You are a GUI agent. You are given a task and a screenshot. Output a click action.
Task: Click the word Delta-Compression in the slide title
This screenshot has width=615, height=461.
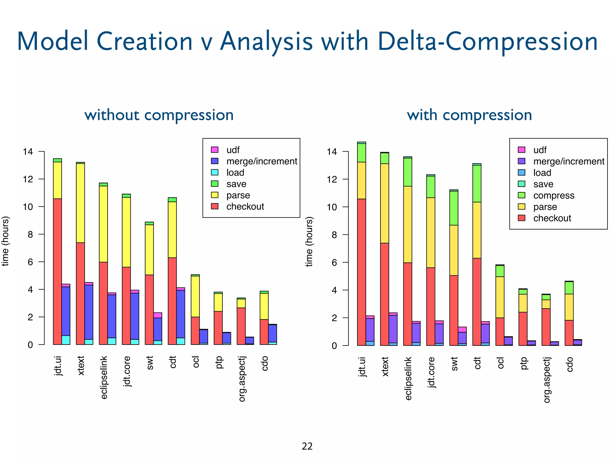click(487, 41)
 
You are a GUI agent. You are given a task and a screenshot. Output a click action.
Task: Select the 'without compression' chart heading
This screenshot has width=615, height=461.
click(159, 115)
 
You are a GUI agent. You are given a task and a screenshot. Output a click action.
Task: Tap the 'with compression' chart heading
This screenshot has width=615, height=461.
click(469, 115)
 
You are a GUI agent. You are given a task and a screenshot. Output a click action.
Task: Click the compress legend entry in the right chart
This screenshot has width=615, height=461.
click(553, 195)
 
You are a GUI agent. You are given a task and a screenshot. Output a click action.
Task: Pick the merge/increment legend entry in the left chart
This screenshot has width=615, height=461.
click(261, 161)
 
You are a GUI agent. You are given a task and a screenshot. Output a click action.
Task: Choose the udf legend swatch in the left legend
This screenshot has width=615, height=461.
click(215, 149)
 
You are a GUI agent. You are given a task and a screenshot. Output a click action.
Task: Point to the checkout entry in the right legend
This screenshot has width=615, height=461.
click(552, 218)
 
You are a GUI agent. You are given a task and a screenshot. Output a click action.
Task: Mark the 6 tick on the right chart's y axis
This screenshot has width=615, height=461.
click(334, 262)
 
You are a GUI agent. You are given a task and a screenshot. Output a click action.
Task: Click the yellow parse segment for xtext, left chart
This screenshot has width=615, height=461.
click(80, 203)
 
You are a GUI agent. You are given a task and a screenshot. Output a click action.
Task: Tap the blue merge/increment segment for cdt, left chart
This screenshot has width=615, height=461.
click(181, 314)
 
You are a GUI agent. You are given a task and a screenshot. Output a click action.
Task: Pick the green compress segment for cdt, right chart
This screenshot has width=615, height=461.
click(477, 183)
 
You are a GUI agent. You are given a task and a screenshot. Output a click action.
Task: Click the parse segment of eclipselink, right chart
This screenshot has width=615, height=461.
click(407, 224)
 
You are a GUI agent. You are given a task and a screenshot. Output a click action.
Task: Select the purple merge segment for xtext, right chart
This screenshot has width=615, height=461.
click(393, 329)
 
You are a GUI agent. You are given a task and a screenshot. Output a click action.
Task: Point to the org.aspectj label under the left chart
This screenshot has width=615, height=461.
click(242, 379)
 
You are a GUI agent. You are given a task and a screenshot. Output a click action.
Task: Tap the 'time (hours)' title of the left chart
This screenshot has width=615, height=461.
click(5, 241)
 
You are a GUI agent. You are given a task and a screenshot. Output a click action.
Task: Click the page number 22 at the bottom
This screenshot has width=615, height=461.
click(307, 446)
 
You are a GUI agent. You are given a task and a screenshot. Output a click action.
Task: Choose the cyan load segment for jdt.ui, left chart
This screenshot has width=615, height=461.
click(66, 340)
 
